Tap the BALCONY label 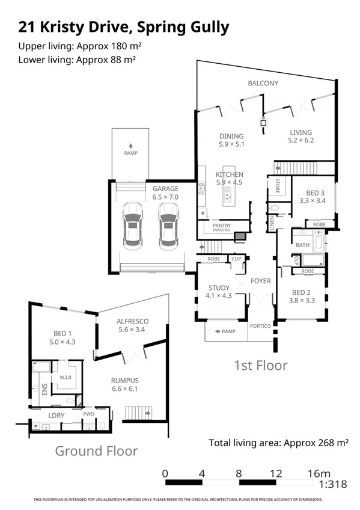coord(263,83)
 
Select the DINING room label coord(231,136)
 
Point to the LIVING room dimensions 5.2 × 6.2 coord(301,140)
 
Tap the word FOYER coord(261,281)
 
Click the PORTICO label coord(261,325)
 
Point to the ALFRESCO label coord(133,322)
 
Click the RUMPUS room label coord(124,380)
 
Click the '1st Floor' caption coord(260,365)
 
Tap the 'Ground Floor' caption coord(96,450)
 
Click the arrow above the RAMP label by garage coord(130,145)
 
